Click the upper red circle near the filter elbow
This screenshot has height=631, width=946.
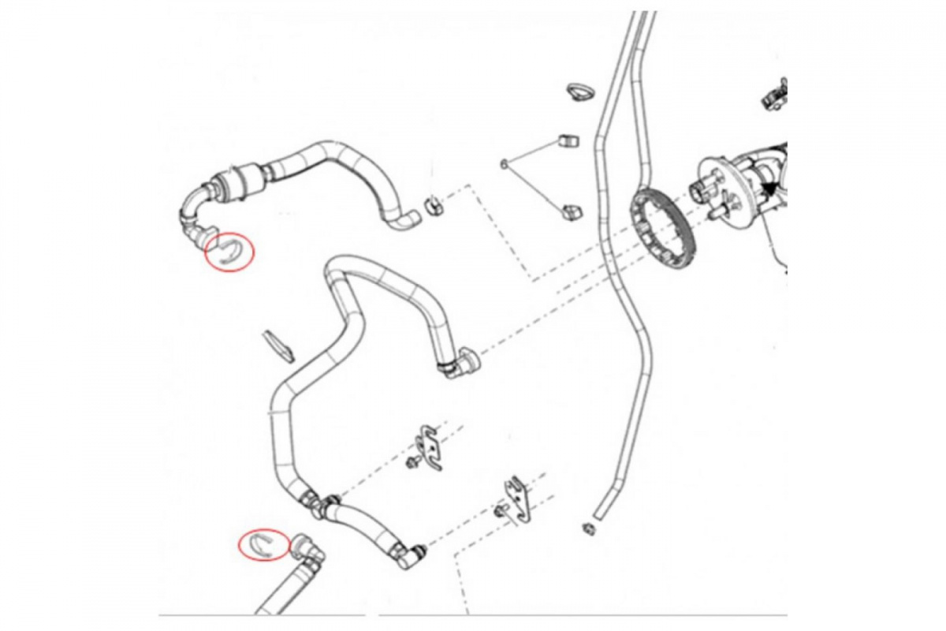(229, 252)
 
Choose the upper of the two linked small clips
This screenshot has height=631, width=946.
(567, 141)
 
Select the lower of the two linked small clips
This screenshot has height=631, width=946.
(571, 211)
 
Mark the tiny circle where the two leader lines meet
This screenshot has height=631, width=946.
(503, 163)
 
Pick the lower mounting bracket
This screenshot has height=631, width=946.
(519, 498)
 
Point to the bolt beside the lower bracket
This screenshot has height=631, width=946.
(500, 512)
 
